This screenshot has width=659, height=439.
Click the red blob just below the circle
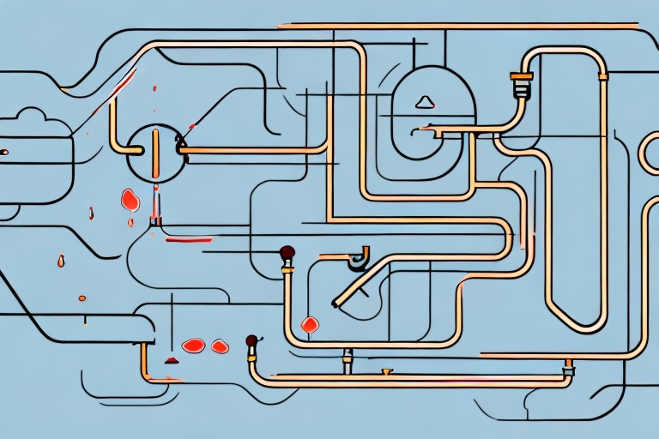point(130,201)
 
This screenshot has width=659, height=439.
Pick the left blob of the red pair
point(194,345)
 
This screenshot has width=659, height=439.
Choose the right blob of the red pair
point(221,346)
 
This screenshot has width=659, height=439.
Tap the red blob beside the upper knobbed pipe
point(310,324)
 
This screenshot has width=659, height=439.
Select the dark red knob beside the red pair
point(251,341)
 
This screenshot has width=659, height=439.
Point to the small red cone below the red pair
point(170,358)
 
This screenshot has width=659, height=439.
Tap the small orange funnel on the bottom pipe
point(387,371)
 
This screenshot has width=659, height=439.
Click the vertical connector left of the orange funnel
point(348,359)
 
